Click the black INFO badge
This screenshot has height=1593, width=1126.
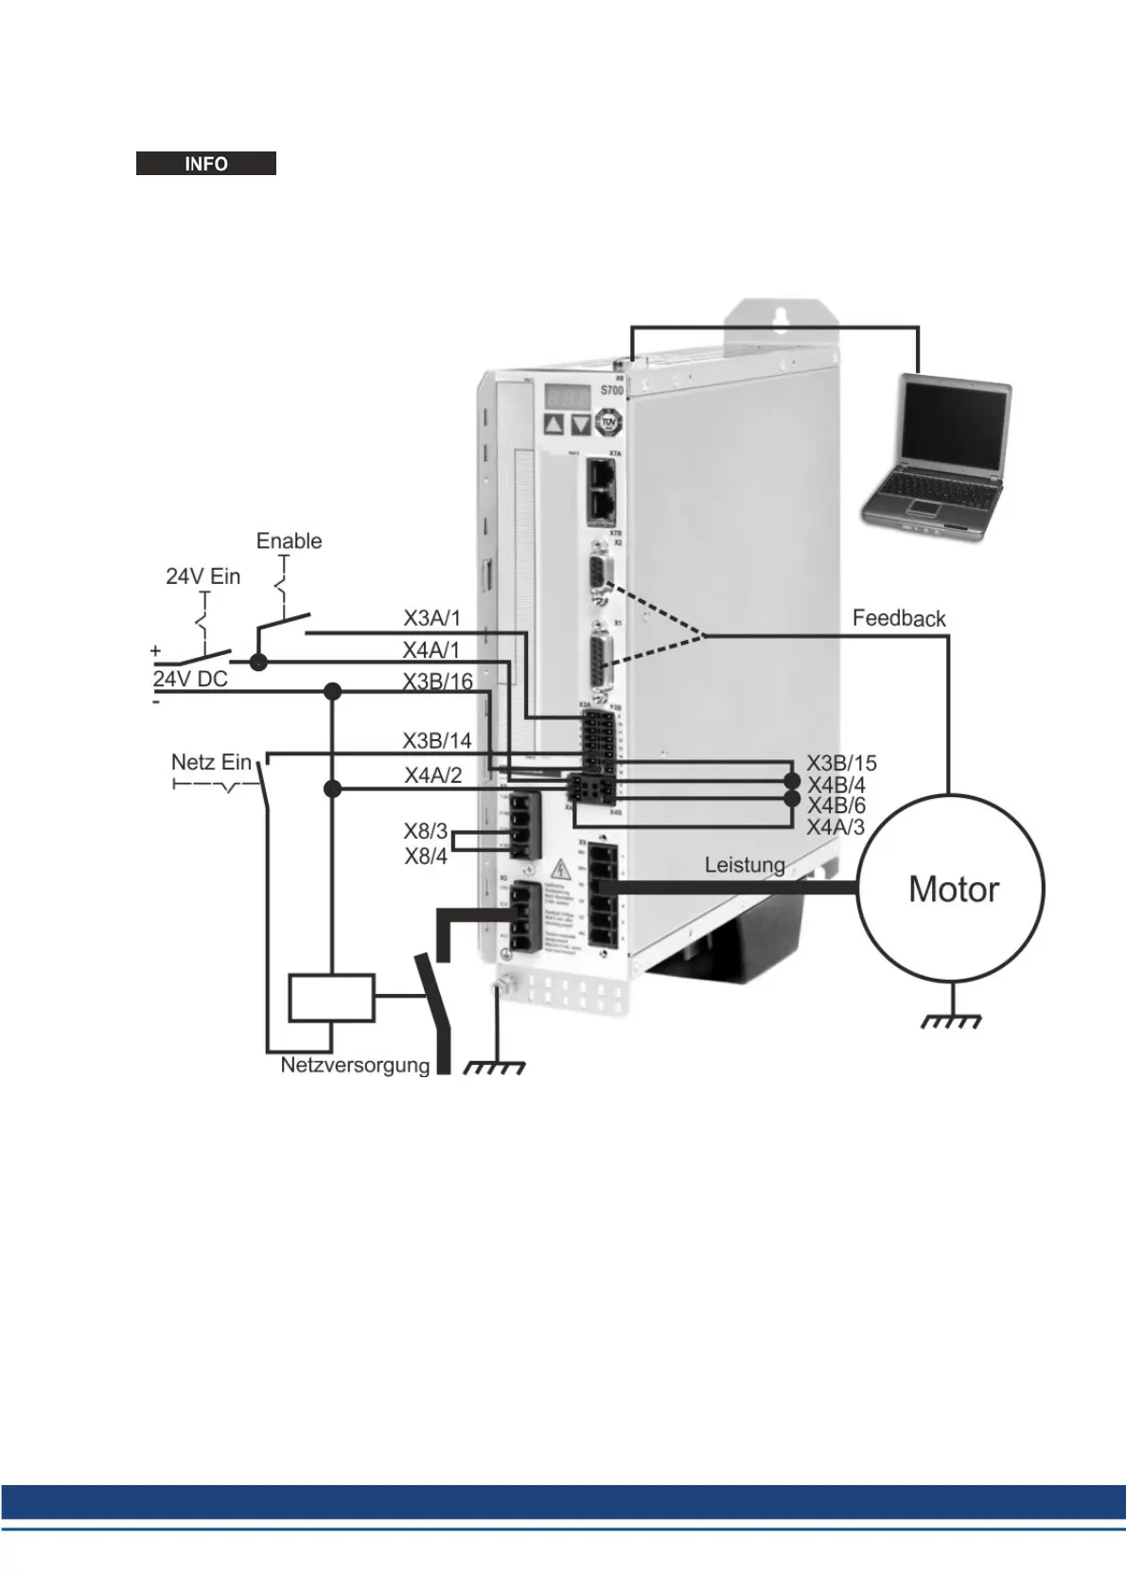pyautogui.click(x=205, y=164)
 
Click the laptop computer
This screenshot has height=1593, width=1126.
pyautogui.click(x=937, y=456)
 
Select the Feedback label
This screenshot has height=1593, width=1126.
pyautogui.click(x=898, y=618)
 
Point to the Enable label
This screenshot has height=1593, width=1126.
pyautogui.click(x=289, y=540)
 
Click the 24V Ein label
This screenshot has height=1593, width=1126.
pyautogui.click(x=202, y=576)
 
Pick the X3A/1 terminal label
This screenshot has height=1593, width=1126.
pyautogui.click(x=431, y=618)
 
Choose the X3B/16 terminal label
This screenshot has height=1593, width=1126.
pyautogui.click(x=437, y=681)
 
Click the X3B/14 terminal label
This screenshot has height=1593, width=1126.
pyautogui.click(x=436, y=740)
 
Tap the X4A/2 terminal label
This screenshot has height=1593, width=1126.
pyautogui.click(x=432, y=775)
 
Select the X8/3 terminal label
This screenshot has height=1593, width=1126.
pyautogui.click(x=425, y=831)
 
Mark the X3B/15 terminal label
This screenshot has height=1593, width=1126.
pyautogui.click(x=841, y=763)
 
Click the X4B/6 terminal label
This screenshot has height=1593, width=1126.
pyautogui.click(x=836, y=805)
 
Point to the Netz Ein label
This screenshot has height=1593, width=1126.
pyautogui.click(x=211, y=762)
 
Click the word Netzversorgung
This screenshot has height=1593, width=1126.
pyautogui.click(x=355, y=1065)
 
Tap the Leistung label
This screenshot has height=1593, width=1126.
pyautogui.click(x=744, y=864)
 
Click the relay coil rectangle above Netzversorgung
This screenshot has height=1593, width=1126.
pyautogui.click(x=331, y=998)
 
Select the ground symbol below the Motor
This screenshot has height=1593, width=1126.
pyautogui.click(x=951, y=1020)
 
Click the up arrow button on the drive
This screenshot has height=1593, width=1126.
pyautogui.click(x=554, y=423)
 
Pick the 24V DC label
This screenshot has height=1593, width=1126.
pyautogui.click(x=190, y=679)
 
